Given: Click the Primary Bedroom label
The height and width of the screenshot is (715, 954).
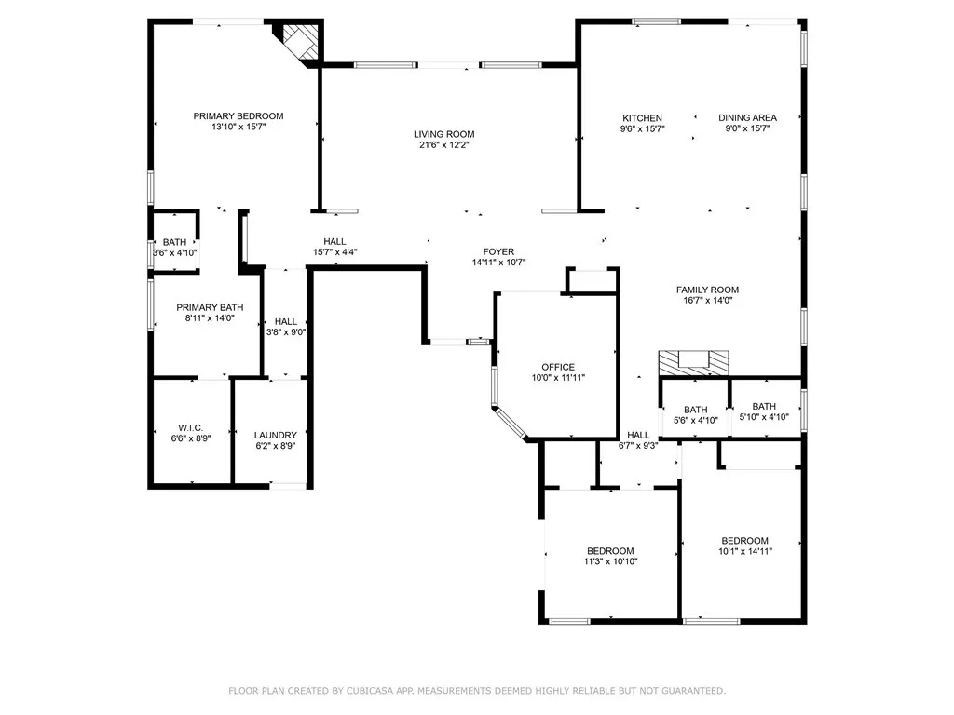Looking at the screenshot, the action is [238, 116].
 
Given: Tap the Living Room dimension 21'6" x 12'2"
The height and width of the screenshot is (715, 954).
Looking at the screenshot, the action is [444, 144].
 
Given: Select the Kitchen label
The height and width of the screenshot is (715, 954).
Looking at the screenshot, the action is [643, 118].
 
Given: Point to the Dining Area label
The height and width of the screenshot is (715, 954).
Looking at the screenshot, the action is [748, 117].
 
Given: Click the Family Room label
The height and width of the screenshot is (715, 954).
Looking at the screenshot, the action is [708, 290].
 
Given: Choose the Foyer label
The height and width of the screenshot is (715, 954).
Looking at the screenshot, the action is [499, 251].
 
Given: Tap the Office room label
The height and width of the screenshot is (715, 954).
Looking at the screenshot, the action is [558, 367].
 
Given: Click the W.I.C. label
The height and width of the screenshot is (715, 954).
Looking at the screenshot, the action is [191, 427].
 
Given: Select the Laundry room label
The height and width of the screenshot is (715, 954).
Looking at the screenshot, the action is [276, 435].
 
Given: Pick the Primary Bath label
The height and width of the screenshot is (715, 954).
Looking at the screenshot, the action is [210, 307].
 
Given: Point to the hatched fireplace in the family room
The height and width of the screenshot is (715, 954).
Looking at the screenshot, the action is [693, 363].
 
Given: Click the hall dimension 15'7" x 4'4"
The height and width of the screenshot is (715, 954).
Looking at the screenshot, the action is [334, 251].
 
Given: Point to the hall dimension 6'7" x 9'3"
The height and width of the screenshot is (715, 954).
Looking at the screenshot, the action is [638, 445].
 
